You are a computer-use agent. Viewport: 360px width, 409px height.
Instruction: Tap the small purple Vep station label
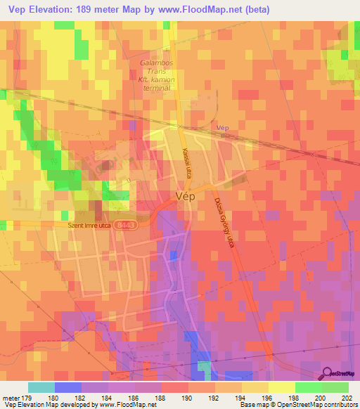click(224, 128)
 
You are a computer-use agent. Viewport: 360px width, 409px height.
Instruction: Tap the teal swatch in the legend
click(41, 387)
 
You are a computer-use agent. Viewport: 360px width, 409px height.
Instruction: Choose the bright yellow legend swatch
click(281, 387)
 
